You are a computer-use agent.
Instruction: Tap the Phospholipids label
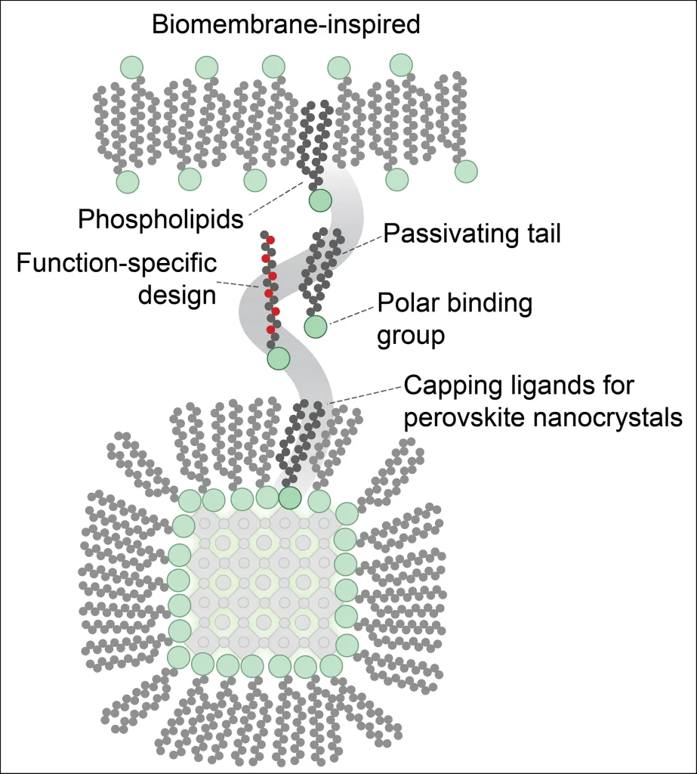click(x=161, y=219)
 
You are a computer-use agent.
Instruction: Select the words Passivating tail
click(x=472, y=234)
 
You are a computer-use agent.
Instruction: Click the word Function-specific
click(x=117, y=265)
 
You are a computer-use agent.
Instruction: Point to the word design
click(x=180, y=294)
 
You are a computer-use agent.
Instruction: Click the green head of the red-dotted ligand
click(x=278, y=358)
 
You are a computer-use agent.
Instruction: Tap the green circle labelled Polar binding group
click(x=316, y=327)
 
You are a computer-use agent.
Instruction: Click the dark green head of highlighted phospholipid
click(x=320, y=200)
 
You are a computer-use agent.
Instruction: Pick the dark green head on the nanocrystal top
click(x=290, y=497)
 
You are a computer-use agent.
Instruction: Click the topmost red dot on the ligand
click(x=270, y=240)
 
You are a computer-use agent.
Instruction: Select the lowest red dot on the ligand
click(x=270, y=330)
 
